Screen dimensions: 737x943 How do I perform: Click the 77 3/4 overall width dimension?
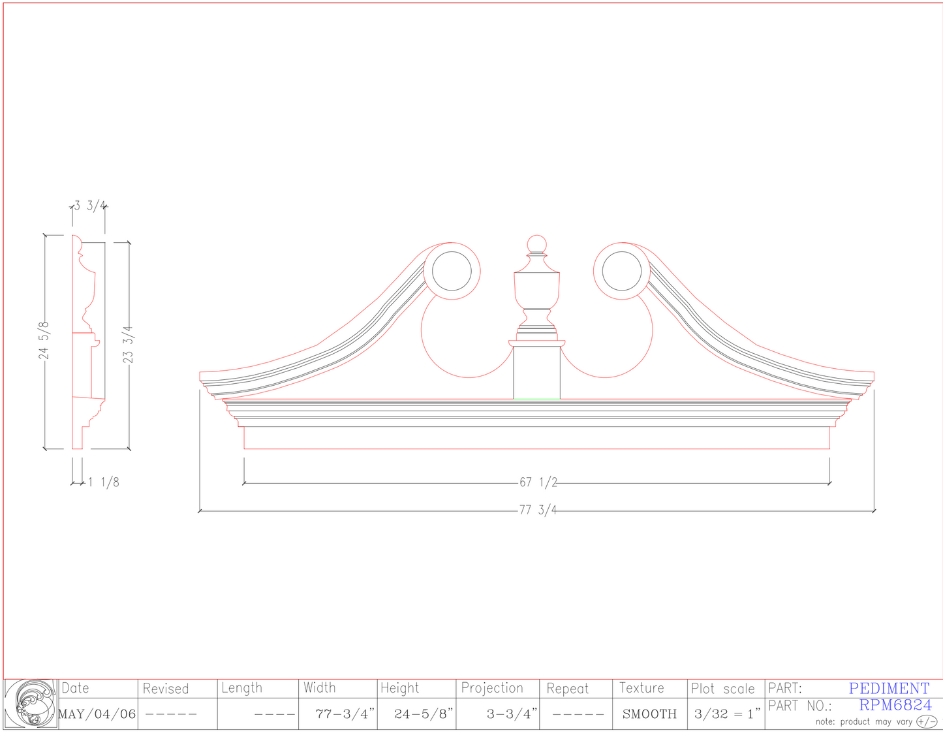click(x=538, y=510)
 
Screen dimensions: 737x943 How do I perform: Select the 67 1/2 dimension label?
click(x=538, y=482)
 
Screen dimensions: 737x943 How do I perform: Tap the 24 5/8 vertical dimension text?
click(x=44, y=340)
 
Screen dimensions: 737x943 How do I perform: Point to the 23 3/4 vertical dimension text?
click(x=128, y=345)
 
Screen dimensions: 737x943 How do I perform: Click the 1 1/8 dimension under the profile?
click(x=104, y=482)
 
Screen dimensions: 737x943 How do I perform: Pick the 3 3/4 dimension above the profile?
click(x=89, y=206)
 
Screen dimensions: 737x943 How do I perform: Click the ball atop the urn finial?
click(x=536, y=244)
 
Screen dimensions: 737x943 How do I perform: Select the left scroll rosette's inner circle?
click(x=452, y=271)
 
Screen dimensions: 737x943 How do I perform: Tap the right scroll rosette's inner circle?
click(x=622, y=271)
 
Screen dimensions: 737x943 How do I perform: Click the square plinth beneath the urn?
click(x=536, y=372)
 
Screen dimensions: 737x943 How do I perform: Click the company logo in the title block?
click(x=31, y=704)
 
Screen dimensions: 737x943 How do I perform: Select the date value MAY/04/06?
click(x=97, y=714)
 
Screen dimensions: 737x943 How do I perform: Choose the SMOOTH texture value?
click(x=649, y=714)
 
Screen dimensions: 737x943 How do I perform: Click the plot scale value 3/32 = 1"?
click(x=726, y=714)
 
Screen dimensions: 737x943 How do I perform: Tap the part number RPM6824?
click(x=895, y=705)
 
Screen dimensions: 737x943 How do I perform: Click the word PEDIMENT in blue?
click(x=889, y=688)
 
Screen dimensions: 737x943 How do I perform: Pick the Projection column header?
click(x=492, y=688)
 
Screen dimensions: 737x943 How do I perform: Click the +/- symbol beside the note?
click(x=926, y=721)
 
